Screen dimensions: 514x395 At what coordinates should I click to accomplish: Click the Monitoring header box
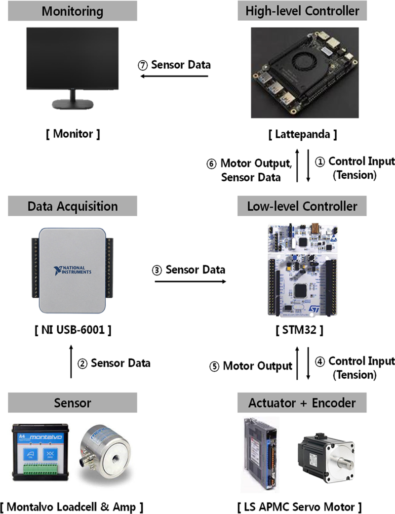[x=72, y=10]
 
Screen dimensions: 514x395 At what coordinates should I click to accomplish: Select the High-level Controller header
[x=302, y=10]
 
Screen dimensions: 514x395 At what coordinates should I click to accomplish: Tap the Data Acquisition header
[x=72, y=206]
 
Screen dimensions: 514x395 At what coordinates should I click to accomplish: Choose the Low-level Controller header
[x=302, y=206]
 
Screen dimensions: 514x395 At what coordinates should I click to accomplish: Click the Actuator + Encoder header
[x=302, y=403]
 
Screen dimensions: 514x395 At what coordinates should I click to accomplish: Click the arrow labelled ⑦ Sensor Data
[x=173, y=76]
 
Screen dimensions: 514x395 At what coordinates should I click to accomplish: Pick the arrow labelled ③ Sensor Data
[x=190, y=281]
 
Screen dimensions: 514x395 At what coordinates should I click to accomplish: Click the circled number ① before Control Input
[x=321, y=161]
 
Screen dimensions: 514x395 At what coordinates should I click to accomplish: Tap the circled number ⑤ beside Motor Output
[x=214, y=366]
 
